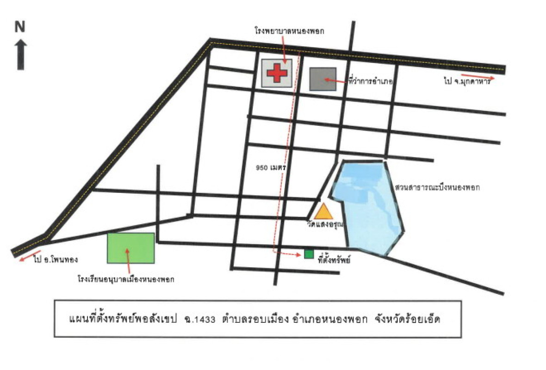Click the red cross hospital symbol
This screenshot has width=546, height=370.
pyautogui.click(x=277, y=73)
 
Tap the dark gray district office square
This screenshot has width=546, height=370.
pyautogui.click(x=323, y=80)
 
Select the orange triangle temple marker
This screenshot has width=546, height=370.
pyautogui.click(x=323, y=212)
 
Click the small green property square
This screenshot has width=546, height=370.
pyautogui.click(x=309, y=254)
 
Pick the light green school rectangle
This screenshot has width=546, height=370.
pyautogui.click(x=130, y=248)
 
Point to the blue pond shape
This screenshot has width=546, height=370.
pyautogui.click(x=368, y=203)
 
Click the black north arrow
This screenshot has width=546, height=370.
pyautogui.click(x=21, y=55)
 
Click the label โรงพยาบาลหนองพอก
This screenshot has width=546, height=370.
pyautogui.click(x=289, y=31)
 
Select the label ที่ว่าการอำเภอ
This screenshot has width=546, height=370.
pyautogui.click(x=370, y=81)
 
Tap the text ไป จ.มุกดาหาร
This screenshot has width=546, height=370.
pyautogui.click(x=468, y=82)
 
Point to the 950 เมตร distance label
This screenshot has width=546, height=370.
pyautogui.click(x=270, y=168)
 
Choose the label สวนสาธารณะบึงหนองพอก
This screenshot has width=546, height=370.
pyautogui.click(x=437, y=188)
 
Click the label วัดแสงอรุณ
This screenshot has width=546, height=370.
pyautogui.click(x=323, y=224)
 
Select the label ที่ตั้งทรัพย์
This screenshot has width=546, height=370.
pyautogui.click(x=333, y=260)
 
